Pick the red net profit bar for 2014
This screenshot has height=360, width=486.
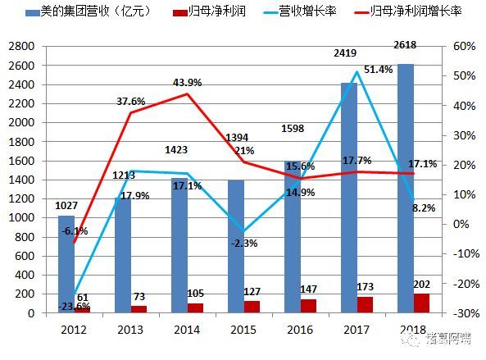click(x=196, y=308)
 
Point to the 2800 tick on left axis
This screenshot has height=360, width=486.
click(x=21, y=47)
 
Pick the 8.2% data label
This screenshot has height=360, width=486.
click(x=421, y=208)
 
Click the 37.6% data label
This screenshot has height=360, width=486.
click(x=130, y=102)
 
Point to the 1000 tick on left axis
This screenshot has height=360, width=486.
click(x=21, y=218)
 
